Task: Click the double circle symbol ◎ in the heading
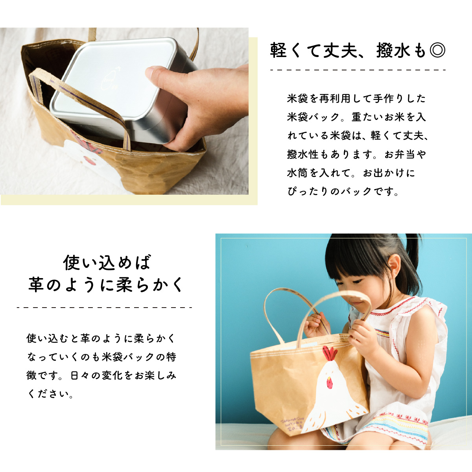click(x=437, y=51)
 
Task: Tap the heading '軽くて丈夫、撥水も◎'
click(x=358, y=51)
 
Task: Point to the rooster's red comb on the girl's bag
click(x=330, y=353)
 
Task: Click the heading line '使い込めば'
click(x=107, y=263)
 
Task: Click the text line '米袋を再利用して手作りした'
click(x=356, y=98)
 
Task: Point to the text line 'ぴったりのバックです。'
click(x=343, y=192)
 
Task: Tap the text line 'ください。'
click(x=51, y=394)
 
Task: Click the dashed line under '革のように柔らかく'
click(x=105, y=308)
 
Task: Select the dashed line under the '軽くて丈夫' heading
click(x=358, y=70)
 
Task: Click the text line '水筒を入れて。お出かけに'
click(x=351, y=173)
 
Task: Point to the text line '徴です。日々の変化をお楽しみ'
click(x=101, y=375)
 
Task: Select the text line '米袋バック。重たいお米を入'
click(x=356, y=117)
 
